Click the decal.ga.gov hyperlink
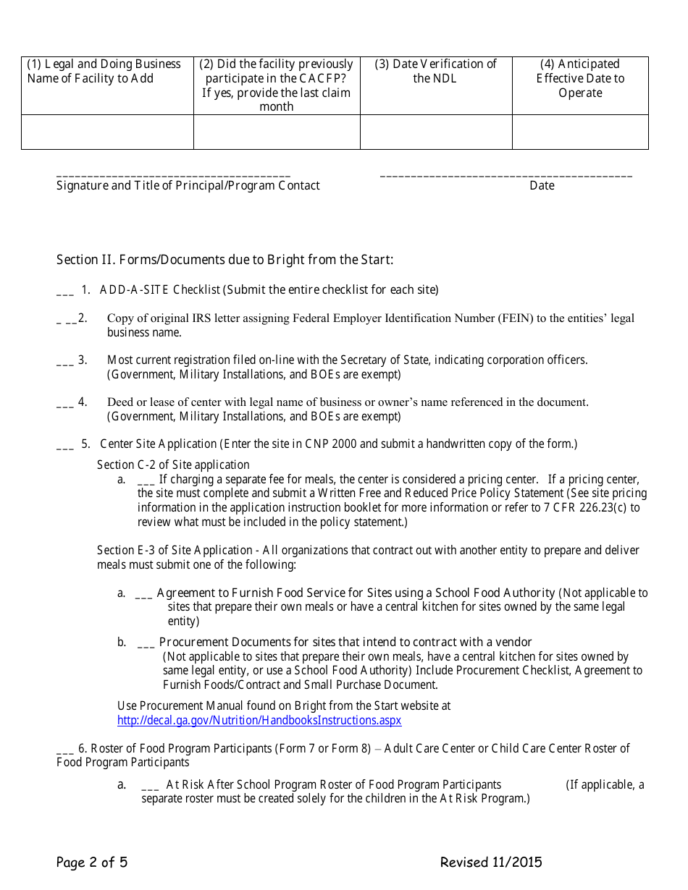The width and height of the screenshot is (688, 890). point(259,720)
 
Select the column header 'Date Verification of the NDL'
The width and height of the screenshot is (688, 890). point(435,71)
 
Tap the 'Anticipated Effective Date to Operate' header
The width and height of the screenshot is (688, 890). point(579,78)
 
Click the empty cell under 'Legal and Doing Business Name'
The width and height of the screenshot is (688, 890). point(107,132)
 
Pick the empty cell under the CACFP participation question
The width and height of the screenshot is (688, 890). point(277,132)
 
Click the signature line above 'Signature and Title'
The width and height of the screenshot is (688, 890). point(173,176)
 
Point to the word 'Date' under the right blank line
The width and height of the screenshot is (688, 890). point(542,186)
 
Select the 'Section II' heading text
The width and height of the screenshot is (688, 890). point(225,260)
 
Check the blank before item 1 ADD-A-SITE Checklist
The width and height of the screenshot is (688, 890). point(64,292)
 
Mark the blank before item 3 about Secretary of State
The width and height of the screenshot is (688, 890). point(64,362)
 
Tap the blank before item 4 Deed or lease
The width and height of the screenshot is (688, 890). point(64,404)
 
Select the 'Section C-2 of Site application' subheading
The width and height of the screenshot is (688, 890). point(173,465)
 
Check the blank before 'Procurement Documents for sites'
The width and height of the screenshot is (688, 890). point(145,644)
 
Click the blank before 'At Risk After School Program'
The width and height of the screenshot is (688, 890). point(151,787)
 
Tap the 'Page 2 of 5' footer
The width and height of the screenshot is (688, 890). point(92,862)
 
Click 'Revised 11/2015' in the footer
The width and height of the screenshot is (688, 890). point(490,862)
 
